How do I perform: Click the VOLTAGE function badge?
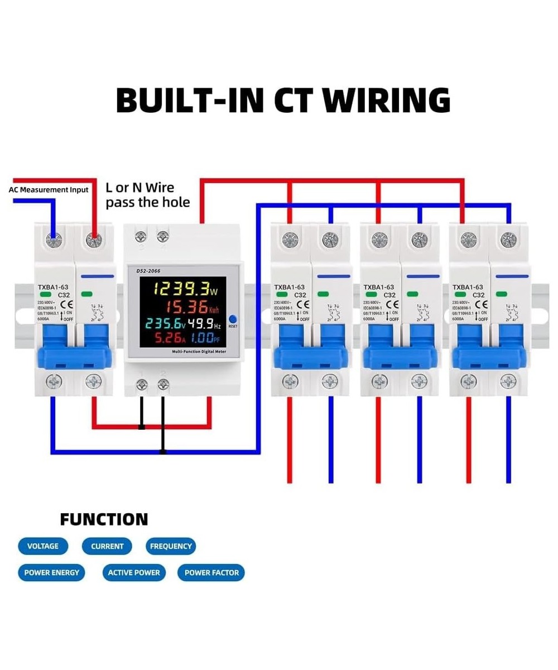coord(42,546)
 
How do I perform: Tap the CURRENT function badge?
coord(107,546)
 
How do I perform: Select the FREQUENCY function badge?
coord(171,546)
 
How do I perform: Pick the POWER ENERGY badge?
coord(51,572)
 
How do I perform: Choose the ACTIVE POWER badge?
coord(134,572)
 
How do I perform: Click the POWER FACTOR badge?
coord(211,572)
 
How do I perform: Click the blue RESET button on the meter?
coord(233,319)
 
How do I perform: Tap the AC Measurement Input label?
coord(49,190)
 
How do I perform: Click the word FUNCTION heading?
coord(104,519)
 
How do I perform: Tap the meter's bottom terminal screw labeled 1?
coord(142,384)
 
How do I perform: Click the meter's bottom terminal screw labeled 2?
coord(163,384)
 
